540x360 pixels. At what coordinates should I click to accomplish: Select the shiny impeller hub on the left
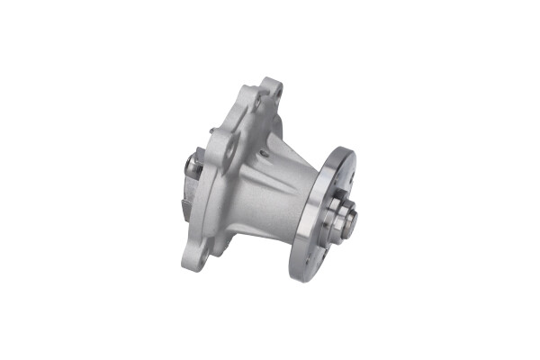191,167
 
